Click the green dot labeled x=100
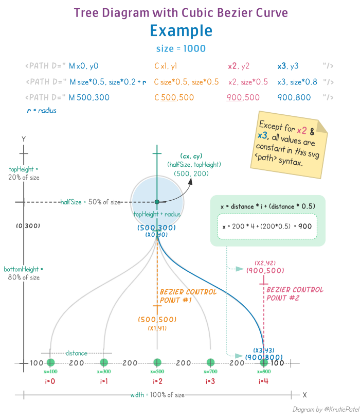(50, 362)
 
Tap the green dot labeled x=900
(264, 362)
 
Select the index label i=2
(157, 381)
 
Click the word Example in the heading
(181, 31)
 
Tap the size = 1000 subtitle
(181, 49)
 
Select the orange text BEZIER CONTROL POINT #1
(181, 295)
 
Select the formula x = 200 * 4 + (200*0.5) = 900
(267, 226)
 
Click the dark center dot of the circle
(157, 202)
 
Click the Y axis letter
(23, 139)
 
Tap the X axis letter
(304, 395)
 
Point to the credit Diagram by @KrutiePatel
(326, 409)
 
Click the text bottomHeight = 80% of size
(23, 273)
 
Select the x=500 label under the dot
(157, 371)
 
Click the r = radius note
(41, 110)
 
